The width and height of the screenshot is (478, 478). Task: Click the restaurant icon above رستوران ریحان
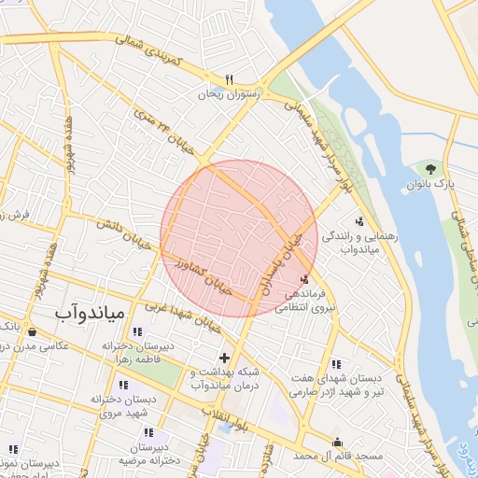229,78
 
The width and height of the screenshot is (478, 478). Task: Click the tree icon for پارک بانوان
430,169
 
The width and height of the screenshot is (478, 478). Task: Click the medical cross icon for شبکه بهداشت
224,357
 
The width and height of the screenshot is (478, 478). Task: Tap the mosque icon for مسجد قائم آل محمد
338,442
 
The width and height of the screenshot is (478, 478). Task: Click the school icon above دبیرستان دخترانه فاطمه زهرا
137,331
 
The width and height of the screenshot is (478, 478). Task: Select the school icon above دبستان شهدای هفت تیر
335,363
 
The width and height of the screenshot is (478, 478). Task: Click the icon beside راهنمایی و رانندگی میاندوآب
359,221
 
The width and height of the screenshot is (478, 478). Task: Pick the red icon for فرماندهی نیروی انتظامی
305,278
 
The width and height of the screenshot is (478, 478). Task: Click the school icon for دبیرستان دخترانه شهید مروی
123,384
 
